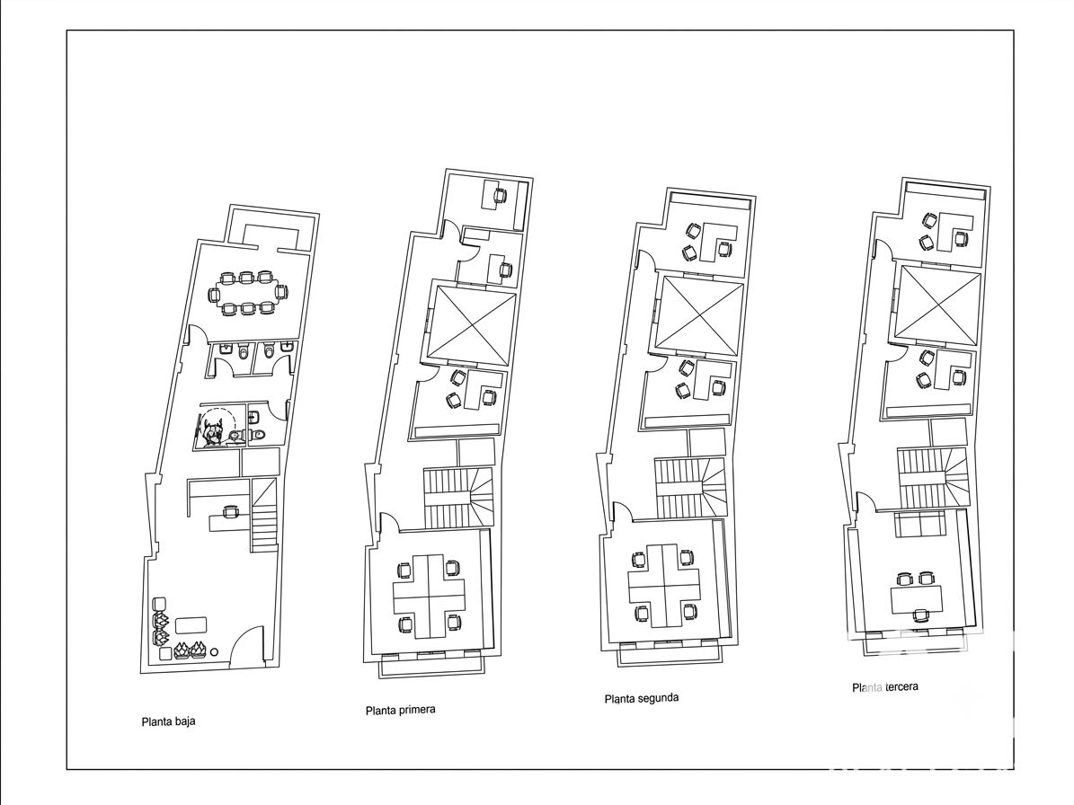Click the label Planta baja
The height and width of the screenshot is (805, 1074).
[x=168, y=721]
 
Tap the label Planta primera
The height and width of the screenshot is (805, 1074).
[x=401, y=710]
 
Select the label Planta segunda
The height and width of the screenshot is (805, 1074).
[x=642, y=698]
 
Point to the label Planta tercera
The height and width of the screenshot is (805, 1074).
[x=885, y=686]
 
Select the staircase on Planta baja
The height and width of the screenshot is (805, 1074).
[x=263, y=515]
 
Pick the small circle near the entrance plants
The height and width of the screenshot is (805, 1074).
[x=215, y=652]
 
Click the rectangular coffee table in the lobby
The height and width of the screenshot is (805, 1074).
[x=191, y=625]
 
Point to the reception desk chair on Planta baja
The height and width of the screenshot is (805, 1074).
[x=230, y=510]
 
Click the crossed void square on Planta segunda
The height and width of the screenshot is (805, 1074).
[x=699, y=315]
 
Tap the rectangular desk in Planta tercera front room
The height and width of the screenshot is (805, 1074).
[x=917, y=600]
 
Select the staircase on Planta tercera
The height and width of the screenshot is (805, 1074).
[x=931, y=478]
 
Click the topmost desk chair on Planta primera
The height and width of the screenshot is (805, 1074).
[x=499, y=196]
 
